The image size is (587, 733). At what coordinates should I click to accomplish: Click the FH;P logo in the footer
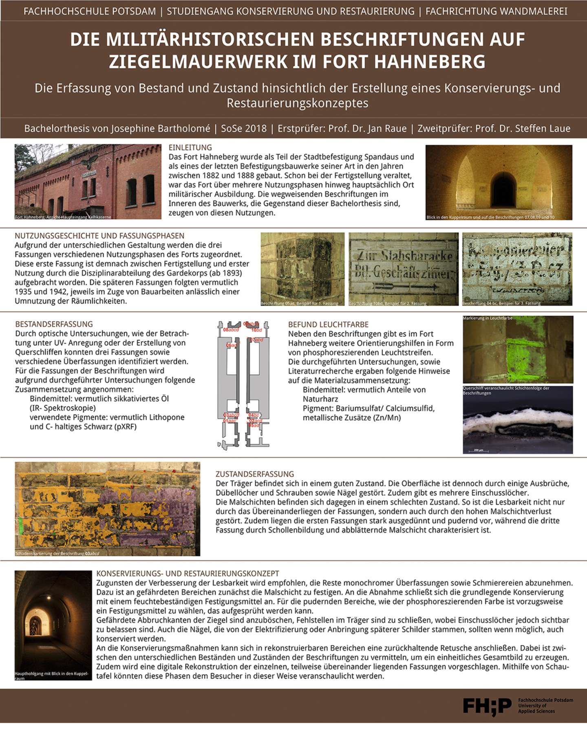487,706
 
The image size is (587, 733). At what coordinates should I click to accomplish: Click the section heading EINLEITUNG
190,147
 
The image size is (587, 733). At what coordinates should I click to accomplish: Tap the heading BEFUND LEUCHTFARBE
328,325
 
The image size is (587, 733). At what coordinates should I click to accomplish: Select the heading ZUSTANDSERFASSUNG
255,474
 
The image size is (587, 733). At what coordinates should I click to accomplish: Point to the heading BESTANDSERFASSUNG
54,324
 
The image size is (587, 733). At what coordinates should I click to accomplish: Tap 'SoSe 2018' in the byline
244,129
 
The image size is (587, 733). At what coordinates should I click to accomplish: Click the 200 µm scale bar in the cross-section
478,450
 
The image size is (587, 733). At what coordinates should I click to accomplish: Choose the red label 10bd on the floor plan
256,330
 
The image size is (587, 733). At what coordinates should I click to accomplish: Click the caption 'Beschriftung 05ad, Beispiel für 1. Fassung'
300,303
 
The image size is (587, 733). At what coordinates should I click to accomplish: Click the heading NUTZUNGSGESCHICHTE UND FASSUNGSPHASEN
99,236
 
